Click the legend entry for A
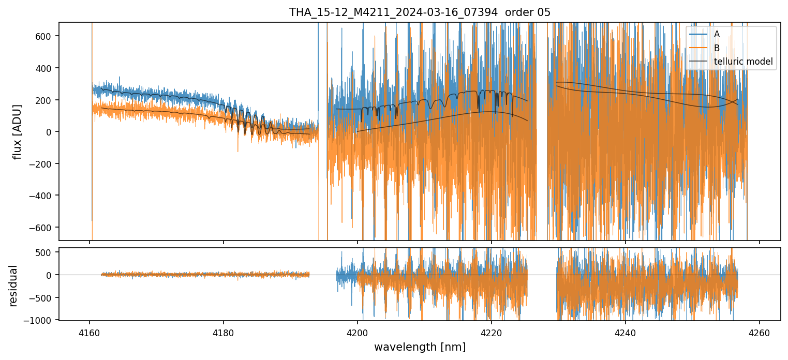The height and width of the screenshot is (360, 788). click(x=717, y=34)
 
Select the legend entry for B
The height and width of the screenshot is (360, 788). click(x=717, y=48)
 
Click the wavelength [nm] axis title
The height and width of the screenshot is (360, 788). click(x=420, y=347)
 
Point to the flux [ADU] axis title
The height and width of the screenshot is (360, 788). click(x=18, y=131)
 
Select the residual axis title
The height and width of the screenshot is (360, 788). click(x=13, y=286)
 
